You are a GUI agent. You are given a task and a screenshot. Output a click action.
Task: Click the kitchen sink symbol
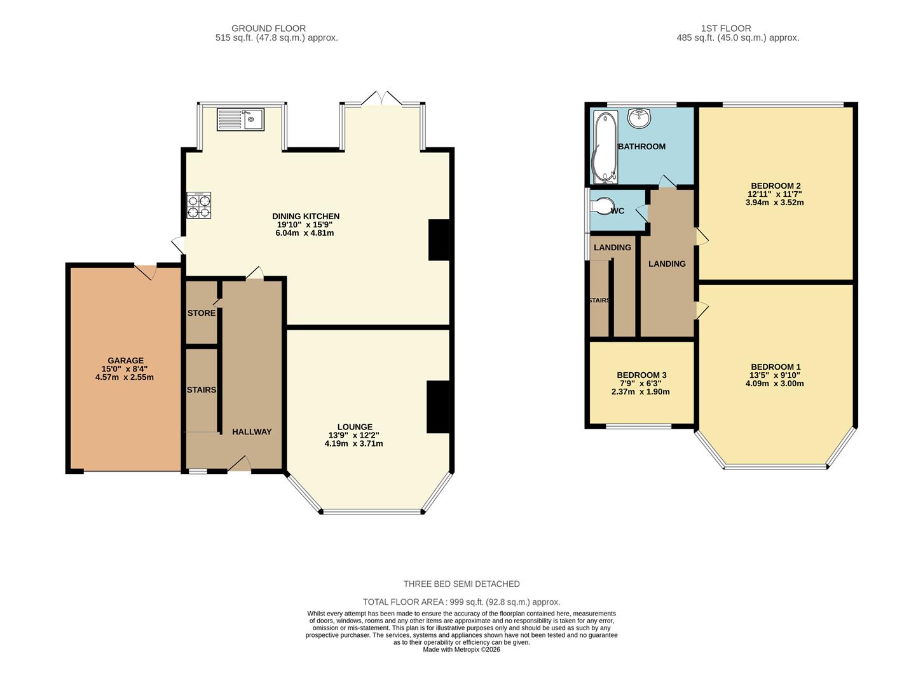(240, 119)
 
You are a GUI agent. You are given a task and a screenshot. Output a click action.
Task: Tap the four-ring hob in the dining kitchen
(198, 206)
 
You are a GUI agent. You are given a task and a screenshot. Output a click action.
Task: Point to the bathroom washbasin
(639, 118)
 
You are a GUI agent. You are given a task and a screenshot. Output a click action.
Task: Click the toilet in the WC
(600, 208)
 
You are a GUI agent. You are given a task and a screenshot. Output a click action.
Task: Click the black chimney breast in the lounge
(438, 407)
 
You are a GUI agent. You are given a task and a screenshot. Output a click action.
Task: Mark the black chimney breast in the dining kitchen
(439, 239)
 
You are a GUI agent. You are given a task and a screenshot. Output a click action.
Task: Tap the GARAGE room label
(125, 361)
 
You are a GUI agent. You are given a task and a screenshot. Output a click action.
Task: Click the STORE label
(201, 313)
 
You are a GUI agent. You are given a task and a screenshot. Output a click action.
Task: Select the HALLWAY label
(252, 432)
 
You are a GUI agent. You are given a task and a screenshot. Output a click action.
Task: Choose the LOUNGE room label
(355, 427)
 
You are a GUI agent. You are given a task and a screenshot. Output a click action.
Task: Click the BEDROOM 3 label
(641, 375)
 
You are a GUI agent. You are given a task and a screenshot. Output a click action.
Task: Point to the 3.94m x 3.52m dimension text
(774, 203)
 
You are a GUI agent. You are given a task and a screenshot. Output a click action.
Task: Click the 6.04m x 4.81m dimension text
(305, 233)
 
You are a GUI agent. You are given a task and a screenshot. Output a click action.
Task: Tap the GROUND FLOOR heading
(268, 29)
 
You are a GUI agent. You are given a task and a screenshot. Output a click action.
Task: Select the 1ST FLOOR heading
(726, 29)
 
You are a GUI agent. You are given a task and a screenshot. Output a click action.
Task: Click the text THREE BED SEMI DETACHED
(461, 584)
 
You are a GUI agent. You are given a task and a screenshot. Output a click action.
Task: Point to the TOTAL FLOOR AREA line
(461, 602)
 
